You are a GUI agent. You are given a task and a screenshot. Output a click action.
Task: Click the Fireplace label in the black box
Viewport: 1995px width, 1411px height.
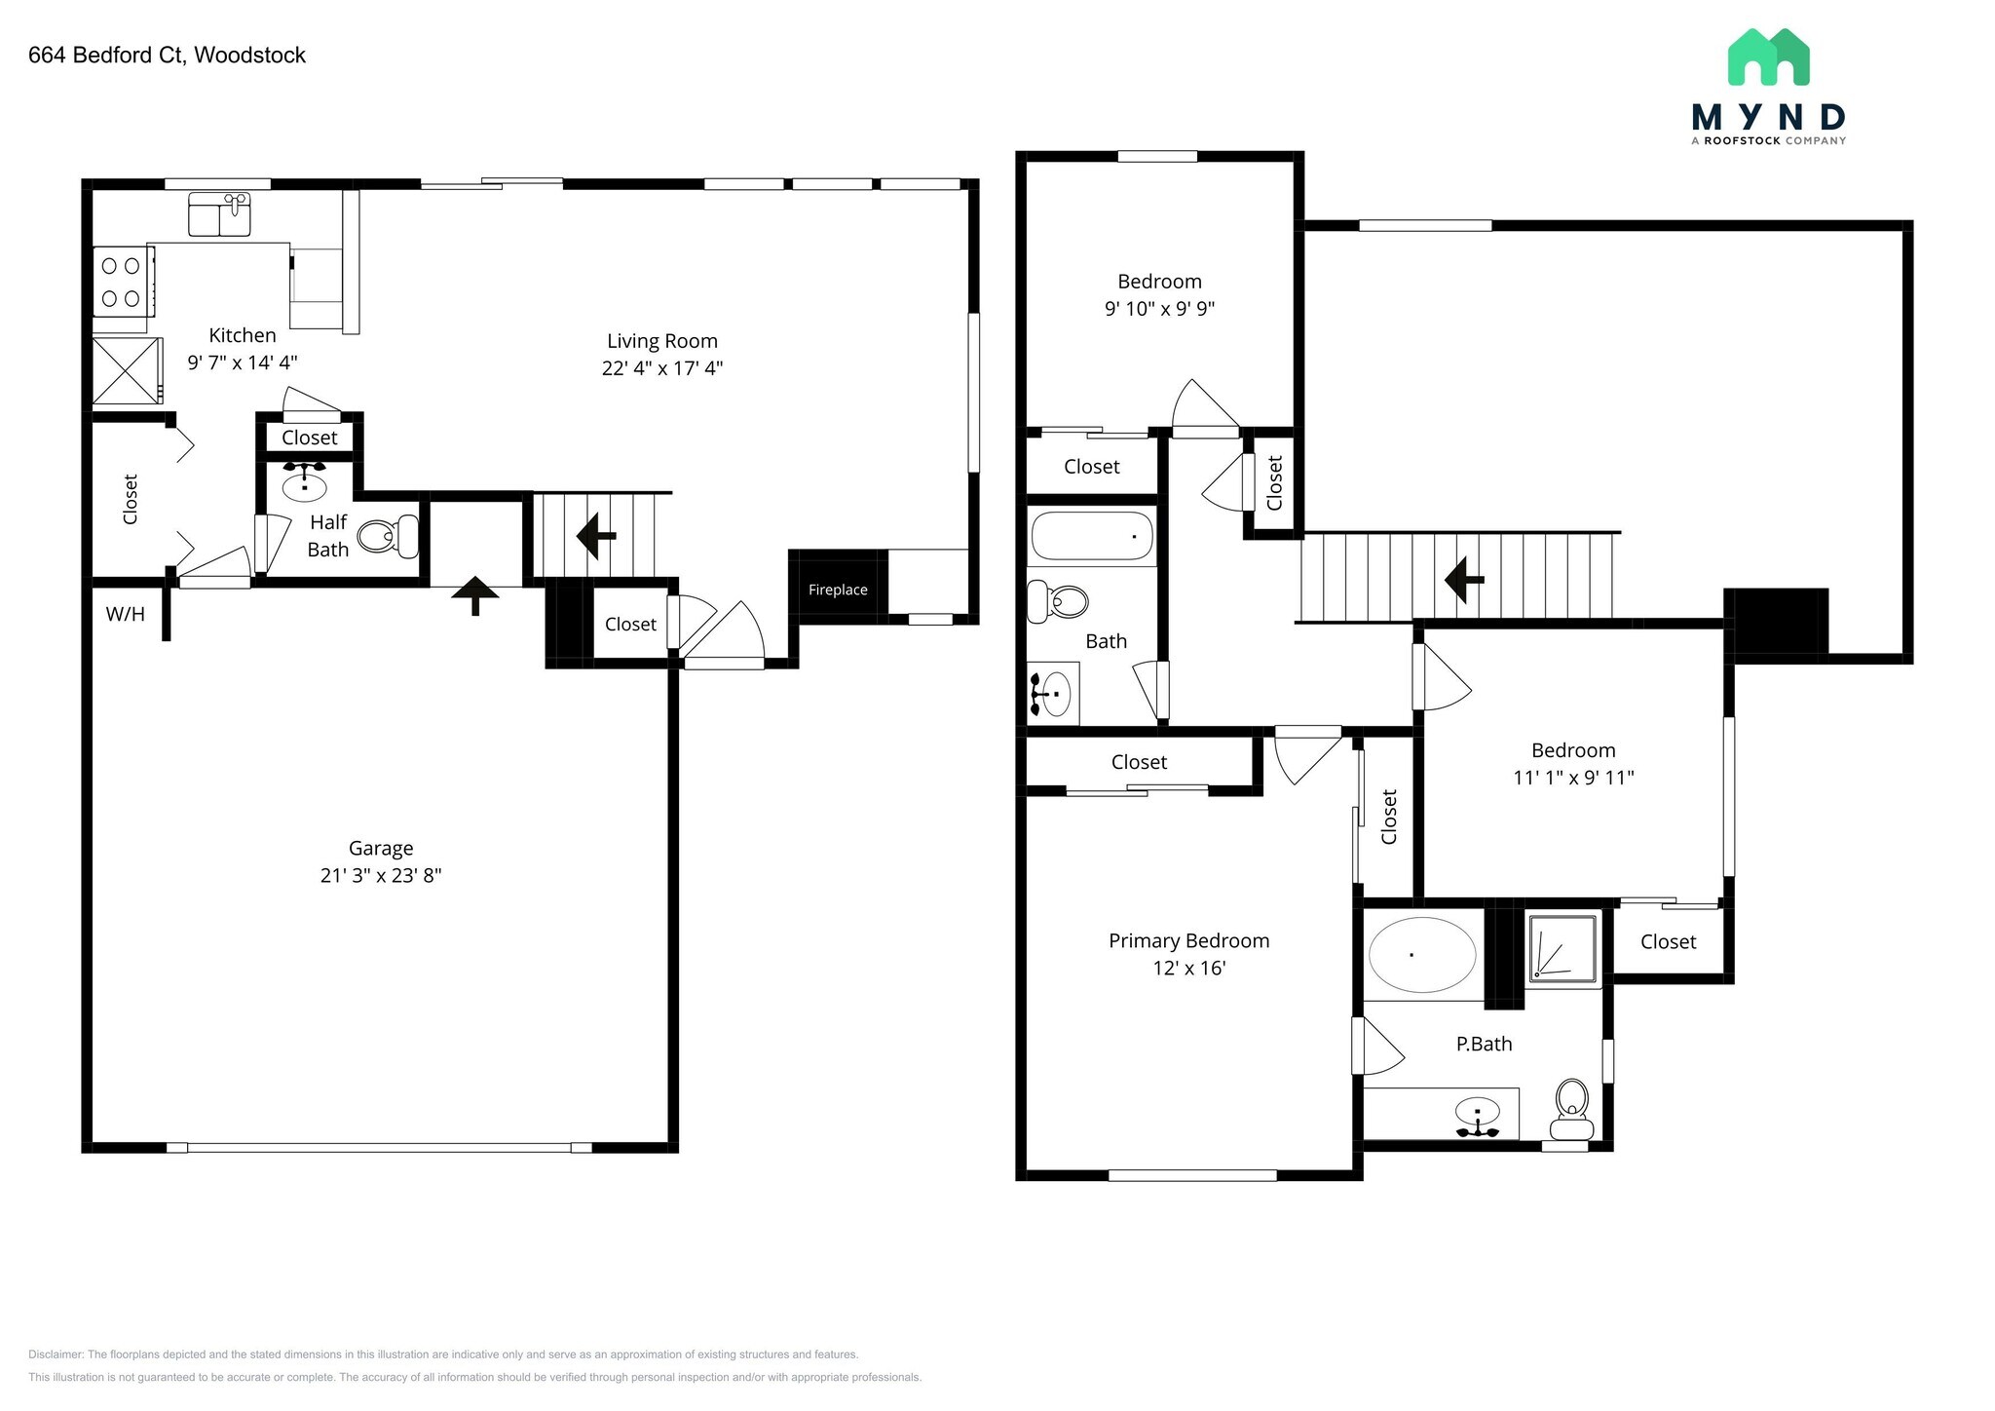pyautogui.click(x=838, y=590)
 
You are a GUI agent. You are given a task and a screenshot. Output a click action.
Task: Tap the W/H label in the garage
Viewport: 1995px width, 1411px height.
pyautogui.click(x=125, y=614)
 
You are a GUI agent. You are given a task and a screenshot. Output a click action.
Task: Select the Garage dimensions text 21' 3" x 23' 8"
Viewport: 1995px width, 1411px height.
pyautogui.click(x=381, y=875)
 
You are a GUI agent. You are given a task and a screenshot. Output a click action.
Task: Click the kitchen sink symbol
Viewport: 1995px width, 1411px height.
pyautogui.click(x=220, y=214)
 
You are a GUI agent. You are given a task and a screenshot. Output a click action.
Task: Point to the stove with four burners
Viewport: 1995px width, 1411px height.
pyautogui.click(x=123, y=282)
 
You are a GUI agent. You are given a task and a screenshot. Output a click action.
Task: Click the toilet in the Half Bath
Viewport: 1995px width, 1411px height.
pyautogui.click(x=388, y=536)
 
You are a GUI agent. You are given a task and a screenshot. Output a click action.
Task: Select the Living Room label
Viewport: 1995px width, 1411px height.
pyautogui.click(x=662, y=341)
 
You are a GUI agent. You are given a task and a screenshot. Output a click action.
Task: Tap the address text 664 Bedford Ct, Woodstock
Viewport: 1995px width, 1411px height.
pyautogui.click(x=167, y=56)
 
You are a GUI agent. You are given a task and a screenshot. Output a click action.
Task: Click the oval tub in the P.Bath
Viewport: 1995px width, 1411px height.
pyautogui.click(x=1422, y=955)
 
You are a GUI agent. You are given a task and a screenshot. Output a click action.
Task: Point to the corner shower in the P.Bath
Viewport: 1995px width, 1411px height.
pyautogui.click(x=1562, y=946)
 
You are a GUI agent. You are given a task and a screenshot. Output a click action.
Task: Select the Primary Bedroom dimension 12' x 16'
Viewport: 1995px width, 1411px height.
pyautogui.click(x=1188, y=968)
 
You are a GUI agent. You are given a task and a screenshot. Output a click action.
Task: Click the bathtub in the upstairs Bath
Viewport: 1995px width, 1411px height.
pyautogui.click(x=1092, y=536)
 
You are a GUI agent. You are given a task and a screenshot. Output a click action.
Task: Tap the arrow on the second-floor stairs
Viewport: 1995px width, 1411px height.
pyautogui.click(x=1463, y=580)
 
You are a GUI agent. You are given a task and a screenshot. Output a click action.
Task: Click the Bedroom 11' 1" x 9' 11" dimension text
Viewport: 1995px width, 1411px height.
pyautogui.click(x=1573, y=778)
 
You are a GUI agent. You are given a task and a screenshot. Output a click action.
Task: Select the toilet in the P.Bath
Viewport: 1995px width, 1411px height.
pyautogui.click(x=1571, y=1109)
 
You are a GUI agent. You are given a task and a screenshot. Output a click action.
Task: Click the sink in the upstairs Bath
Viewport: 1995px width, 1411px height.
pyautogui.click(x=1051, y=694)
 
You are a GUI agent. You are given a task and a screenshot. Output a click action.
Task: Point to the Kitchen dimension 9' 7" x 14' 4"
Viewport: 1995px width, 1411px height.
pyautogui.click(x=243, y=362)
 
